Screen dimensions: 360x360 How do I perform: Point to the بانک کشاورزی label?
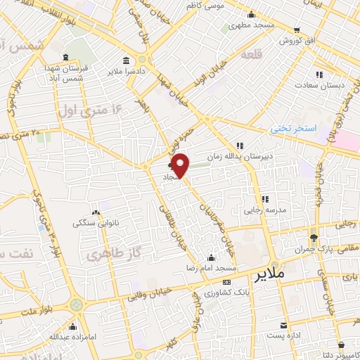229,291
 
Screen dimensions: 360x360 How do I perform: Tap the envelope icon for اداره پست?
283,326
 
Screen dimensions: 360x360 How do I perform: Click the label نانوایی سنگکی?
95,224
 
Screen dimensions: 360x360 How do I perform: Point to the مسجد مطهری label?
250,25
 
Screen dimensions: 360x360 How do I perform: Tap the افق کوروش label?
297,41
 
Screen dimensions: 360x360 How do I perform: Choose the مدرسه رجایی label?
262,210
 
